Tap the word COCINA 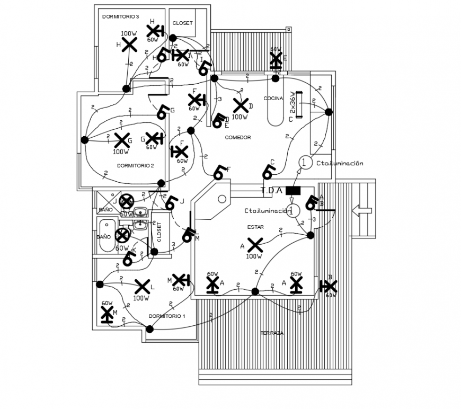coord(273,99)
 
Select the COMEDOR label coord(237,137)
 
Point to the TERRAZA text coord(271,333)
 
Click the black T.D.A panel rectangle coord(293,190)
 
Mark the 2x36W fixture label coord(292,104)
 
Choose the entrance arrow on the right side coord(362,211)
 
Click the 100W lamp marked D coord(240,106)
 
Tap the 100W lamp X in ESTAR coord(255,245)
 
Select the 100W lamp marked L coord(141,287)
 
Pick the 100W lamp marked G coord(122,140)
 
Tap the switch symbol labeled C coord(268,171)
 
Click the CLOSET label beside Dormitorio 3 coord(182,23)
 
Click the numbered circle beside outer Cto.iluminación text coord(304,163)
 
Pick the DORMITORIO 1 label coord(167,316)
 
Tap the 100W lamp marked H coord(129,45)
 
